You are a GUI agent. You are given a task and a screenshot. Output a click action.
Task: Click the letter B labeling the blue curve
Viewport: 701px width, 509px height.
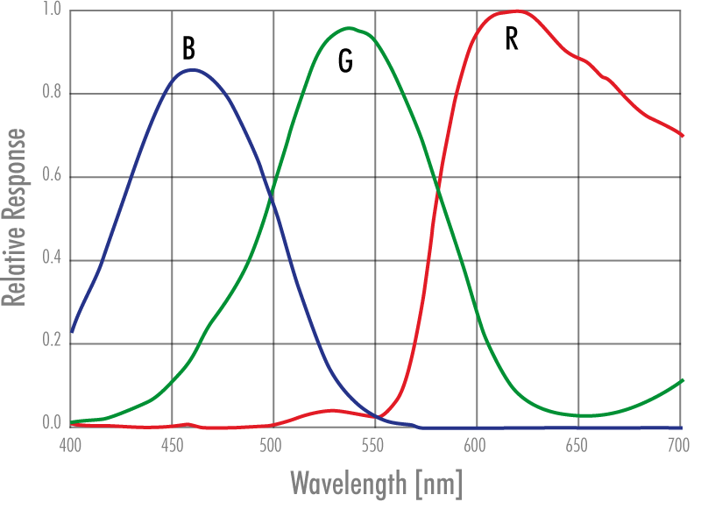point(188,47)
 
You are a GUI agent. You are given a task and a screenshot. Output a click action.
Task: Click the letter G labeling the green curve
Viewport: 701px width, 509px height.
point(346,60)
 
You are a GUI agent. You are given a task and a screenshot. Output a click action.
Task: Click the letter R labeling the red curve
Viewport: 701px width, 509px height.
point(512,39)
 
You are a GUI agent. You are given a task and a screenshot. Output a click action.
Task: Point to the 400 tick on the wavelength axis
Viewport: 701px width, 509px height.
point(70,444)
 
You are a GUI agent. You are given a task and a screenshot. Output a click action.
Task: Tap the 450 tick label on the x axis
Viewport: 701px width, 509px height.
point(172,444)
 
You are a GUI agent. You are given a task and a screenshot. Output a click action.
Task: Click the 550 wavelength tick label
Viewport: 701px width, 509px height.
point(374,444)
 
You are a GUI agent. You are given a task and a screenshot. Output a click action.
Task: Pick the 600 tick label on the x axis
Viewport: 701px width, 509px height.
point(476,444)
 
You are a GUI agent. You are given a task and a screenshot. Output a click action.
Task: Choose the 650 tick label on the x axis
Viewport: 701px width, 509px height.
point(577,444)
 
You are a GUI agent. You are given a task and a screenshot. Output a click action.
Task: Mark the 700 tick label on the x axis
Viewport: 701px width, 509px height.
point(676,444)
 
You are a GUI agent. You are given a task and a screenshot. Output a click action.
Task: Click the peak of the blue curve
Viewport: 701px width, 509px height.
point(192,69)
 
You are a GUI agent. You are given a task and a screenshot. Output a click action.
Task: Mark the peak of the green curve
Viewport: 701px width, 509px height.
point(349,27)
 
